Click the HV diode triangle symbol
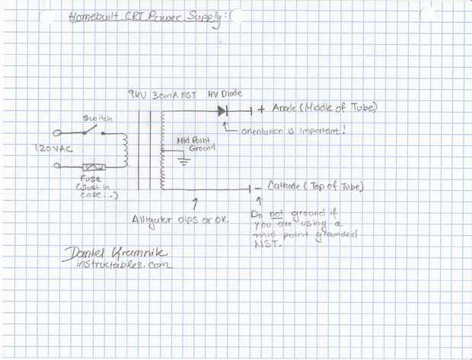(x=222, y=110)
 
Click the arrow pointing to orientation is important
(x=230, y=126)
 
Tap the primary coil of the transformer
(x=124, y=149)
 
